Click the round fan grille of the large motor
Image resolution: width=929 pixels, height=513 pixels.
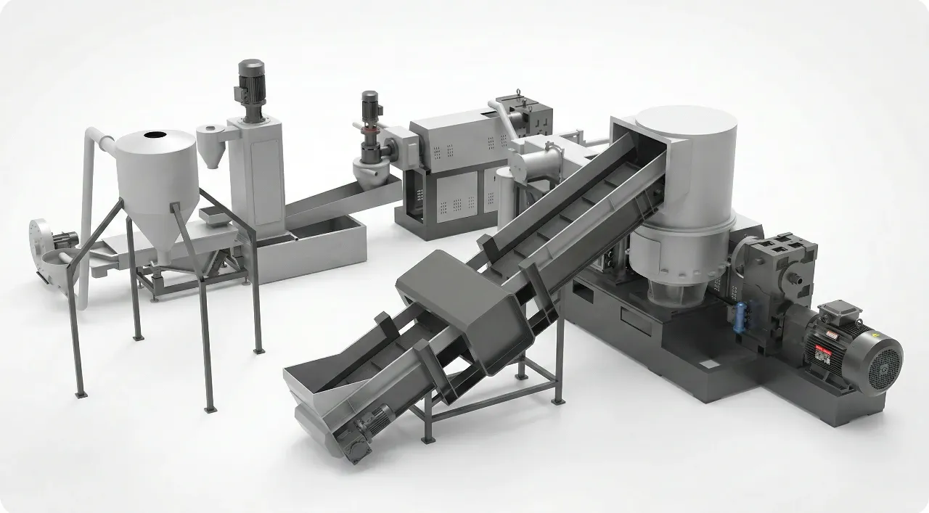[881, 361]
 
